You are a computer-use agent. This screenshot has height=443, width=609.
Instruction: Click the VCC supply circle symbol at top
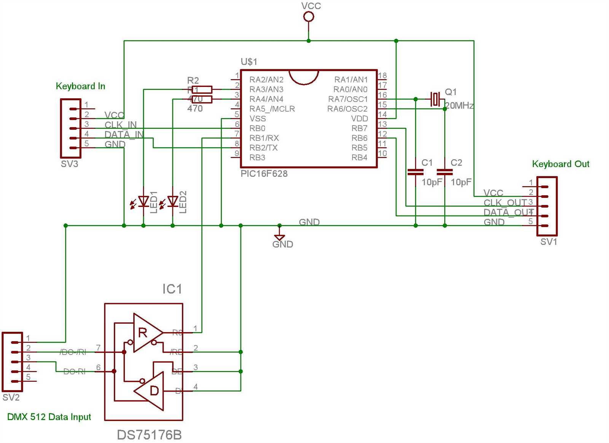click(x=308, y=17)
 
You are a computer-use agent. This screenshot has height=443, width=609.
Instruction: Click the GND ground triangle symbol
click(x=279, y=237)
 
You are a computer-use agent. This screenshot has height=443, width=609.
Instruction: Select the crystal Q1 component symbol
click(x=435, y=99)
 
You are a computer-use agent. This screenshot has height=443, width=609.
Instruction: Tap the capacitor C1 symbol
click(x=415, y=172)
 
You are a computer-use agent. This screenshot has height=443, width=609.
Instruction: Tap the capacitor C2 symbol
click(x=445, y=172)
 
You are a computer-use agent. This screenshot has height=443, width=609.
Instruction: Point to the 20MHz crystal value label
click(x=459, y=106)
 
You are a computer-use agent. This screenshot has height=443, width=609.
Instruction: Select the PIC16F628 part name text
click(x=264, y=174)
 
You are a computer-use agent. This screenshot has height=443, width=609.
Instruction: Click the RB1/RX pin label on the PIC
click(x=264, y=138)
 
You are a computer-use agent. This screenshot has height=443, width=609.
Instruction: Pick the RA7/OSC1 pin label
click(x=348, y=99)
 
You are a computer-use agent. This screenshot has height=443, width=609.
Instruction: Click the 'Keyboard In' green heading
click(x=80, y=86)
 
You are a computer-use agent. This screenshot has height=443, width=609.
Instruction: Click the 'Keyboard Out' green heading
click(x=560, y=164)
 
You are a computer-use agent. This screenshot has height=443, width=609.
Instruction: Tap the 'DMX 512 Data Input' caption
click(x=49, y=417)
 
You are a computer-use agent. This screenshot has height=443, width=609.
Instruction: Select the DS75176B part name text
click(x=149, y=435)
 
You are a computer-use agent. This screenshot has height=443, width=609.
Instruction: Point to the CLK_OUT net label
click(x=505, y=203)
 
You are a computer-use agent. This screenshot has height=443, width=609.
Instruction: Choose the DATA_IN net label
click(x=124, y=134)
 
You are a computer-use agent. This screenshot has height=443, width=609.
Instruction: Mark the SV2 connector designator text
click(x=11, y=398)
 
